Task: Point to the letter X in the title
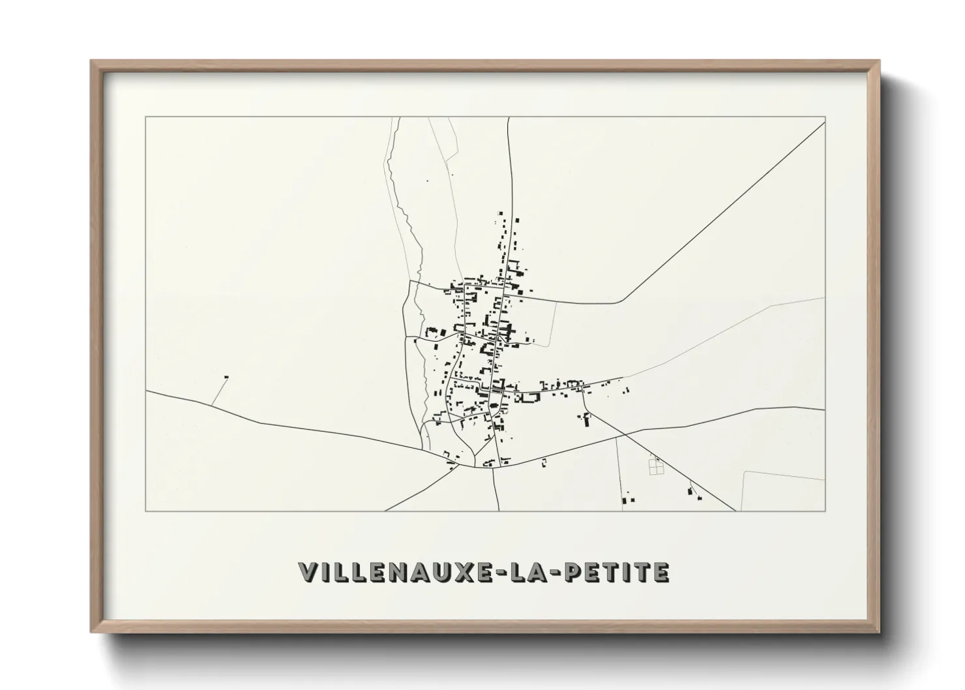(x=463, y=573)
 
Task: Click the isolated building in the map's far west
(x=226, y=377)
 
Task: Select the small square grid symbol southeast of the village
(x=656, y=466)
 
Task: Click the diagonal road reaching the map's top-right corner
(x=730, y=209)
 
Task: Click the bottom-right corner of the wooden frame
(x=878, y=633)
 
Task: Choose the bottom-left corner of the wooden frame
(x=92, y=633)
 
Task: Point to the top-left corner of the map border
(x=145, y=117)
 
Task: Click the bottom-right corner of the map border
(x=825, y=511)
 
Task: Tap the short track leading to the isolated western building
(x=219, y=391)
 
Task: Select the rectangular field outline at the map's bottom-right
(x=782, y=490)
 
